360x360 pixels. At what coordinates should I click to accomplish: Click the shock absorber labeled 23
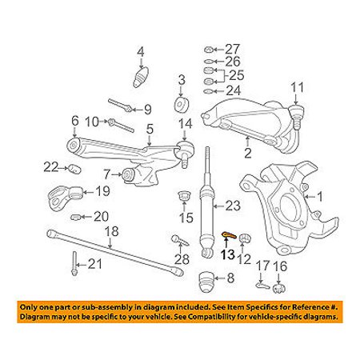(210, 208)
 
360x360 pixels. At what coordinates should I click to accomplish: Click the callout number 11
(298, 87)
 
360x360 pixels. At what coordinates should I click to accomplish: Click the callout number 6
(74, 121)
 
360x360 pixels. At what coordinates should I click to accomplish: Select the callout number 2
(248, 152)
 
